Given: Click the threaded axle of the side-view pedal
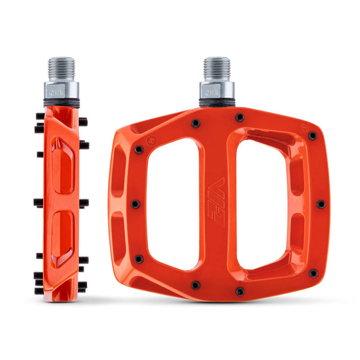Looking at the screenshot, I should (63, 70).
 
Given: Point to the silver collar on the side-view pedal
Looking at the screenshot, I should (63, 91).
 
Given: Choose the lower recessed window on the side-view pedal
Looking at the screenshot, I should (61, 233).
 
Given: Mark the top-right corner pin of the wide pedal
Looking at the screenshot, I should (312, 135).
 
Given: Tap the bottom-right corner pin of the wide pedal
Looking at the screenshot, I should (313, 273).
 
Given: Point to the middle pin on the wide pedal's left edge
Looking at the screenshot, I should (135, 203).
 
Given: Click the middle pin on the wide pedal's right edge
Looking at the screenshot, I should (321, 203).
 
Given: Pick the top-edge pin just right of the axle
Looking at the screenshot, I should (240, 118).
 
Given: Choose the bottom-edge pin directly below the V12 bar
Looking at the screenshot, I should (239, 291).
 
